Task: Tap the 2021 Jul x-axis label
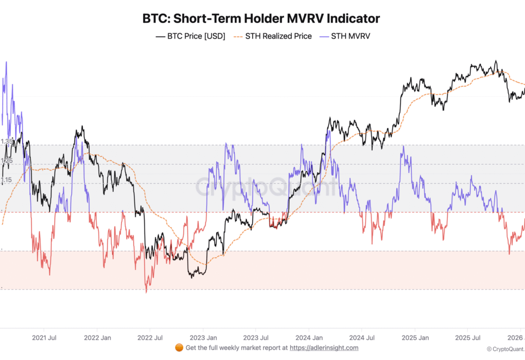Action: tap(44, 338)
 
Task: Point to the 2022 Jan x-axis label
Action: tap(97, 338)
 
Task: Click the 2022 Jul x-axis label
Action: tap(150, 338)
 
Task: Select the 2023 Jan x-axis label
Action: tap(203, 338)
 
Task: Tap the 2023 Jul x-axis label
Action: tap(256, 338)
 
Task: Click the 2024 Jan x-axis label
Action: tap(308, 338)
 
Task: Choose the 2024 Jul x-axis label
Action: tap(361, 338)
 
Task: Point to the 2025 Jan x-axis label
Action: tap(414, 338)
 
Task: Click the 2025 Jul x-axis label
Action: tap(467, 338)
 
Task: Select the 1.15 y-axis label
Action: tap(6, 180)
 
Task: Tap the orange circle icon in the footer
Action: tap(179, 348)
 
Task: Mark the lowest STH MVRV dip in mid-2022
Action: tap(146, 292)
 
